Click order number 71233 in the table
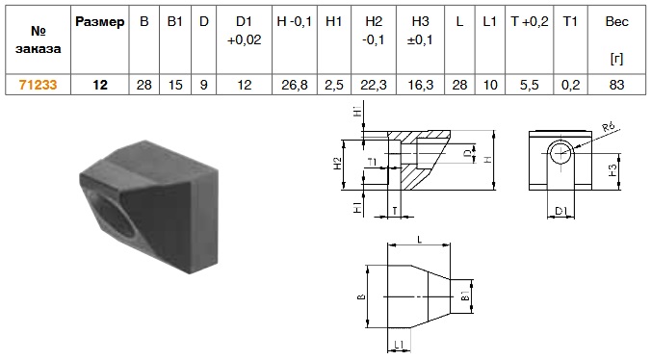tap(38, 85)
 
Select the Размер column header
tap(99, 22)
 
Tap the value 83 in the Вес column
tap(616, 85)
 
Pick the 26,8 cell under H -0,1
tap(295, 85)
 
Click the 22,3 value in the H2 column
tap(374, 85)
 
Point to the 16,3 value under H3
tap(420, 85)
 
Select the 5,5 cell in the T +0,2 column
tap(529, 85)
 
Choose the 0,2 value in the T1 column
tap(570, 85)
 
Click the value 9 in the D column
tap(203, 85)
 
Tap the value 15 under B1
tap(175, 85)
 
